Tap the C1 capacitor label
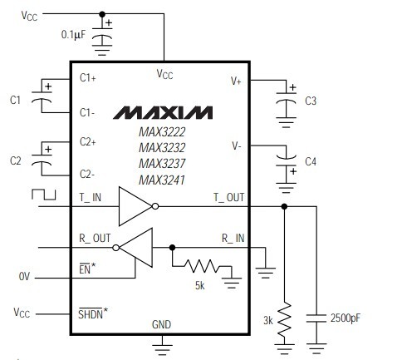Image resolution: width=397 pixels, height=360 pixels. pyautogui.click(x=15, y=100)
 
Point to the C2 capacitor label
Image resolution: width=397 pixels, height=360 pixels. pyautogui.click(x=15, y=160)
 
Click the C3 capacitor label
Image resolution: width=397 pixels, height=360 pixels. pyautogui.click(x=311, y=101)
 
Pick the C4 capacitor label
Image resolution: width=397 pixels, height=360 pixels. pyautogui.click(x=311, y=160)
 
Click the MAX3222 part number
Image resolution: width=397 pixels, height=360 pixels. pyautogui.click(x=162, y=132)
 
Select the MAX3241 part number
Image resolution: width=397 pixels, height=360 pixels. pyautogui.click(x=162, y=180)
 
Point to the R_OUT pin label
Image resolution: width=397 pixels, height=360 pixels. pyautogui.click(x=95, y=238)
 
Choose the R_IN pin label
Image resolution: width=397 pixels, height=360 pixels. pyautogui.click(x=233, y=238)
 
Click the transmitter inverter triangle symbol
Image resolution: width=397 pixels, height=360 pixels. pyautogui.click(x=135, y=206)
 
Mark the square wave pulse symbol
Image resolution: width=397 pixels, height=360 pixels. pyautogui.click(x=41, y=195)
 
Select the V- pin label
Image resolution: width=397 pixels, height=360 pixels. pyautogui.click(x=237, y=145)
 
